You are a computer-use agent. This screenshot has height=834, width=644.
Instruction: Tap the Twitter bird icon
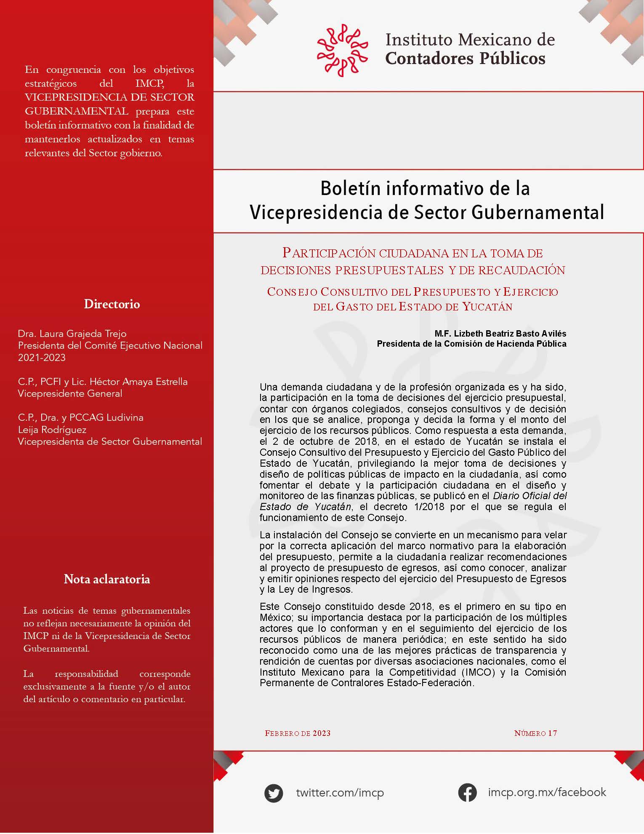point(274,793)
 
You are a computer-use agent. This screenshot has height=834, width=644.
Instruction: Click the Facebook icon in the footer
point(467,792)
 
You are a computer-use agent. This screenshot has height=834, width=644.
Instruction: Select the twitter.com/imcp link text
point(340,793)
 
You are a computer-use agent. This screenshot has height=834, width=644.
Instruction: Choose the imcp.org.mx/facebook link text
point(547,792)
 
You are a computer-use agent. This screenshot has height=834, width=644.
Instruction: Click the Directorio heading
point(112,304)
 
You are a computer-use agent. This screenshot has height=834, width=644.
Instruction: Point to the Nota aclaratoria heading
point(107,579)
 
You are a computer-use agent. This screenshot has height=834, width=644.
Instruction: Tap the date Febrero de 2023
point(298,733)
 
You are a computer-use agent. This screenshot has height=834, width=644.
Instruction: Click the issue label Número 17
point(535,733)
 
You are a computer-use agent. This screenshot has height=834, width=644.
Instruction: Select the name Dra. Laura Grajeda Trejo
point(72,334)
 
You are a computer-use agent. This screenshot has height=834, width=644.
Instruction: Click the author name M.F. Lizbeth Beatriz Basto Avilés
point(500,334)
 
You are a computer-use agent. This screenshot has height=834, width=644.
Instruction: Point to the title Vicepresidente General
point(70,393)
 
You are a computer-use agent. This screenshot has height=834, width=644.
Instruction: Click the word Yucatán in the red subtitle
point(487,307)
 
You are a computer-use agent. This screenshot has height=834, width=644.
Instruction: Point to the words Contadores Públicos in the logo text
point(465,58)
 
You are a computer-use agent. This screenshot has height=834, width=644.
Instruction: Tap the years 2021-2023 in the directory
point(42,358)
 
